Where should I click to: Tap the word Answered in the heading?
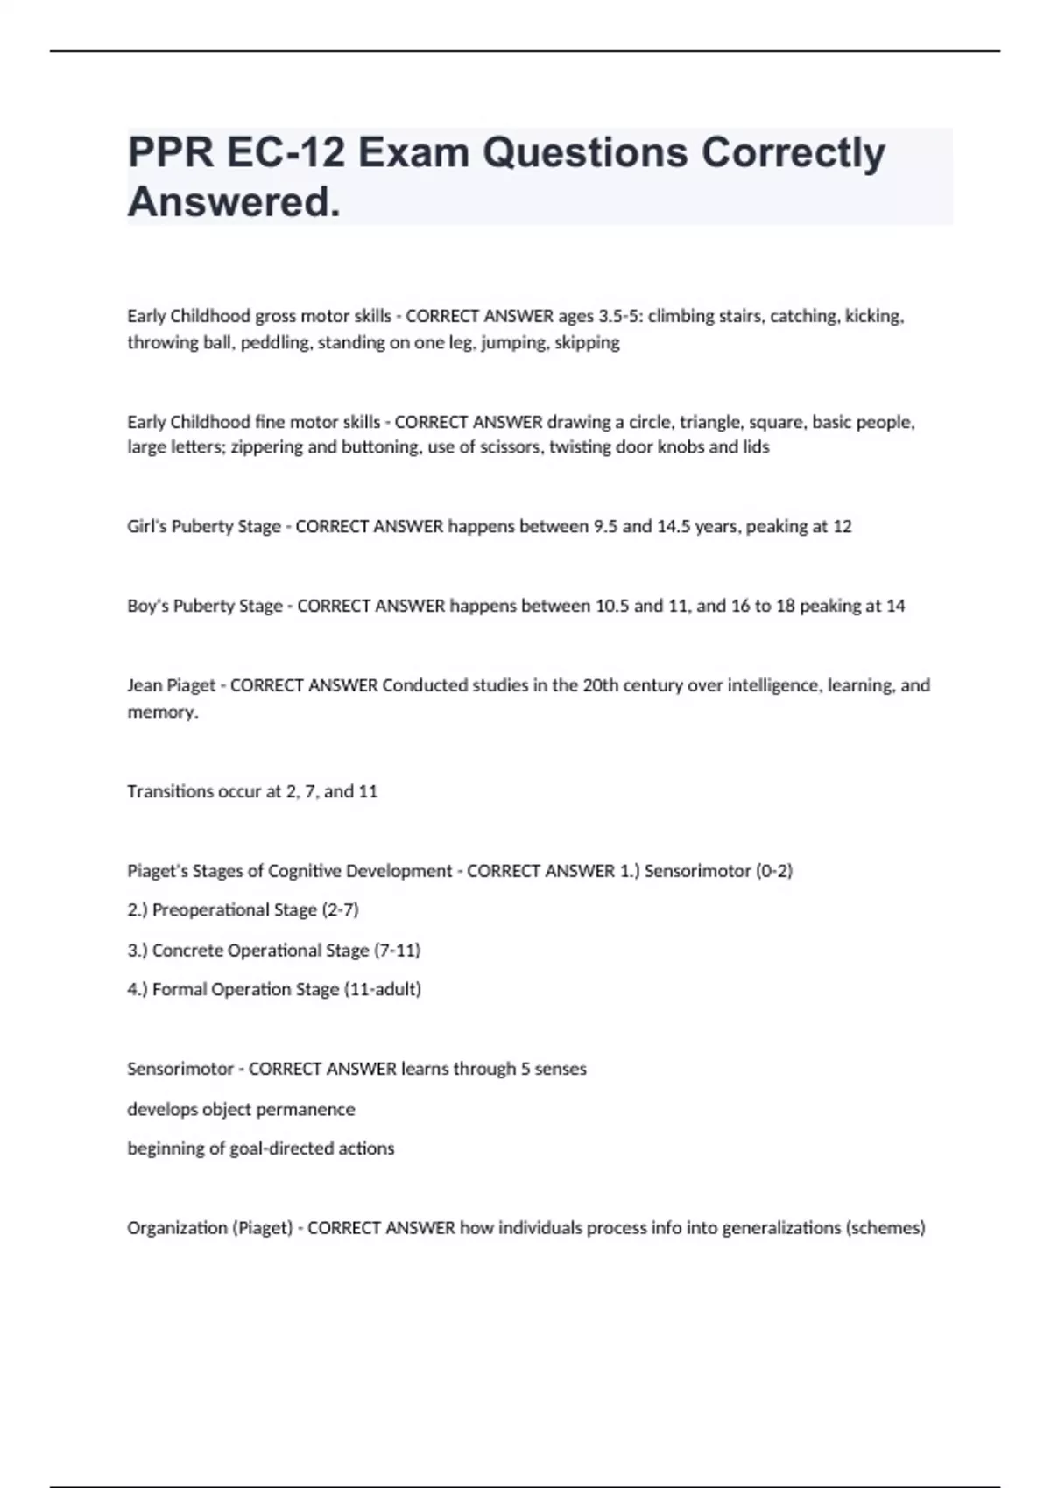[233, 202]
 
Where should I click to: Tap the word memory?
[161, 712]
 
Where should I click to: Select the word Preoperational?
[210, 910]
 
